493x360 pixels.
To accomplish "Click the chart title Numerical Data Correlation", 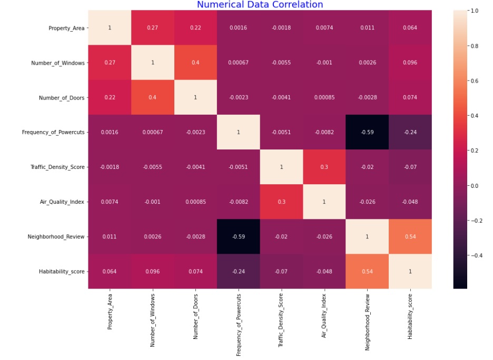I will (x=260, y=5).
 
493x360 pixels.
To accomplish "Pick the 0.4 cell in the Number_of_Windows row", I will (x=195, y=63).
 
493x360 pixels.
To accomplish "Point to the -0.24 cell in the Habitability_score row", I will (x=238, y=271).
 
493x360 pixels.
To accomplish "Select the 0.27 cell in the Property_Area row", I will (x=152, y=28).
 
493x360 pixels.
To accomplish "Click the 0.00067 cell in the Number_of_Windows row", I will (x=238, y=63).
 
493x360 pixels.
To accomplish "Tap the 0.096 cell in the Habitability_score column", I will (x=410, y=63).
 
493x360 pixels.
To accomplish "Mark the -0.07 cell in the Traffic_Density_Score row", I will (x=410, y=167).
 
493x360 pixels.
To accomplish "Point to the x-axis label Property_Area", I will (x=110, y=312).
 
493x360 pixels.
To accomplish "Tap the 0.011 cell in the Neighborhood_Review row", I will (x=110, y=236).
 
